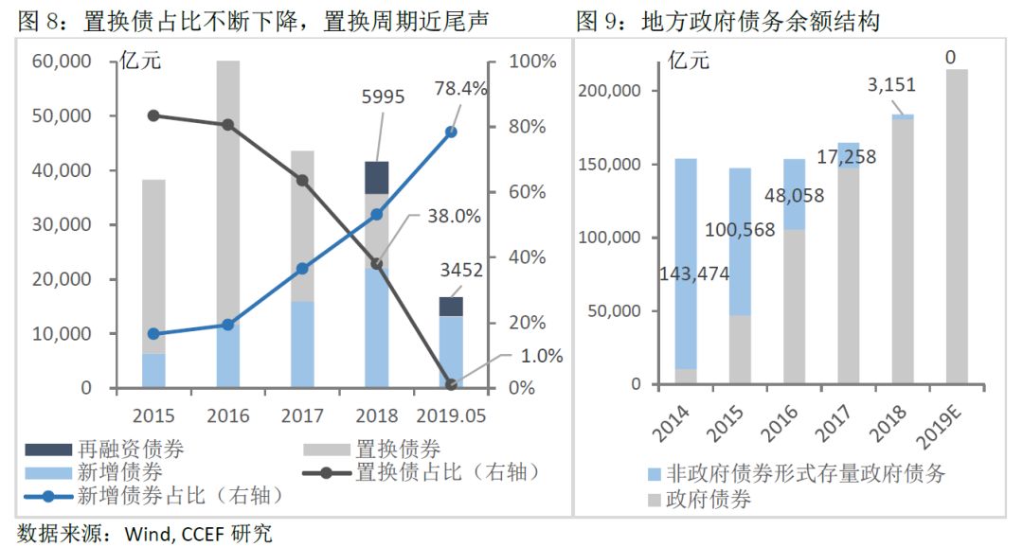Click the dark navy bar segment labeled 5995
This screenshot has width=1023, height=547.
pos(376,177)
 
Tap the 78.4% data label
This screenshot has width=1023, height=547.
pos(460,89)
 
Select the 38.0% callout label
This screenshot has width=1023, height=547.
pos(454,216)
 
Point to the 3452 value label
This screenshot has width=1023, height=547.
pos(461,270)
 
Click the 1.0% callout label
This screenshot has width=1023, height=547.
pos(542,356)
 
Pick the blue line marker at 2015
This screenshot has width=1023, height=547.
pos(153,334)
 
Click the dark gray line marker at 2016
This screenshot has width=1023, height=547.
pos(227,125)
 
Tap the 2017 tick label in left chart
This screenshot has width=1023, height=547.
pos(302,415)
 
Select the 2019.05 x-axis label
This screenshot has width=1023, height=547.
pos(451,415)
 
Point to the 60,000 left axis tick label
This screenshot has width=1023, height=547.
pos(62,62)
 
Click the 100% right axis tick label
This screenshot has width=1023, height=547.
pos(532,62)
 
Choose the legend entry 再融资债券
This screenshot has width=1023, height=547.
pos(104,450)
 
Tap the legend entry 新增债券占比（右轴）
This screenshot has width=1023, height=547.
pos(154,496)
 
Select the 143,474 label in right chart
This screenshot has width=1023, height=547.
pos(694,273)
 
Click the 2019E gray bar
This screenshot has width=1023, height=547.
pos(957,226)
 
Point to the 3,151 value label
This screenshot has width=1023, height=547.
pos(891,85)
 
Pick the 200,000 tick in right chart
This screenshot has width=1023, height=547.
pos(610,91)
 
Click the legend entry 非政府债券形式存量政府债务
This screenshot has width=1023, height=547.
pos(796,474)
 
